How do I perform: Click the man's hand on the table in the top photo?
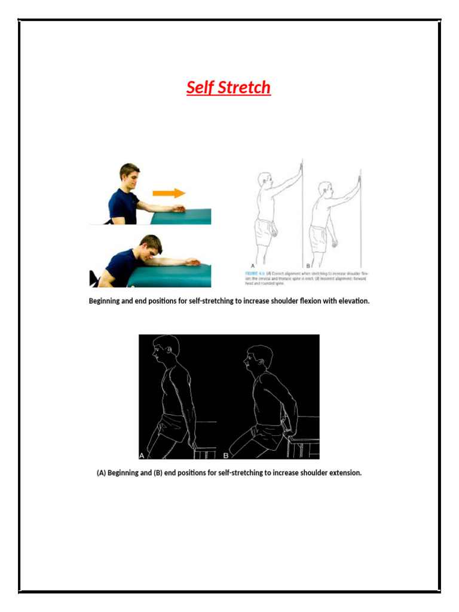point(179,208)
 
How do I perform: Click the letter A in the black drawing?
point(142,455)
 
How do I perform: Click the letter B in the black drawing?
point(227,455)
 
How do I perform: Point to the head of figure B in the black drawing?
point(258,357)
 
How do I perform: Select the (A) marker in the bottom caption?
point(101,473)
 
